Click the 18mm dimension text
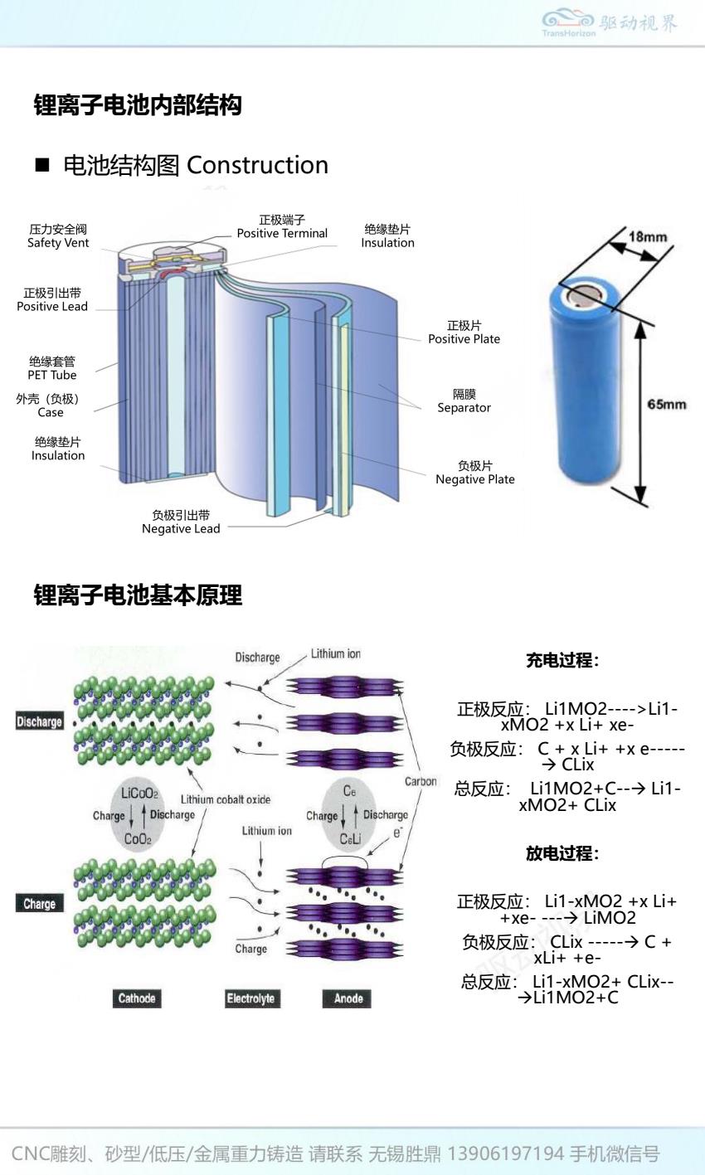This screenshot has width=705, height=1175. click(x=648, y=237)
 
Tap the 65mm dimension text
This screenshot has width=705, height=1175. click(x=667, y=405)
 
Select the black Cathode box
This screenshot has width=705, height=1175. click(x=137, y=998)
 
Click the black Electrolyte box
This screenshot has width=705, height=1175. click(x=250, y=998)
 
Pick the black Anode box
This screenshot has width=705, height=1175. click(x=348, y=998)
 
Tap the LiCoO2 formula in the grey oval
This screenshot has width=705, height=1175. click(x=139, y=794)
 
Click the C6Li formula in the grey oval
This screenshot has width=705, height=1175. click(x=350, y=839)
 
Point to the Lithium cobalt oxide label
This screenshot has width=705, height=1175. click(x=226, y=799)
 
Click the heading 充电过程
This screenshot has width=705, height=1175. click(x=562, y=661)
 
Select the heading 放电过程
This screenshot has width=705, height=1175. click(x=562, y=853)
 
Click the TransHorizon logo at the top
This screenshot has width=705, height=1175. click(x=610, y=23)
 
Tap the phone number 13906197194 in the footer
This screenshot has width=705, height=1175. click(x=506, y=1153)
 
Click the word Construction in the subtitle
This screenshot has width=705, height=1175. click(x=258, y=165)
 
